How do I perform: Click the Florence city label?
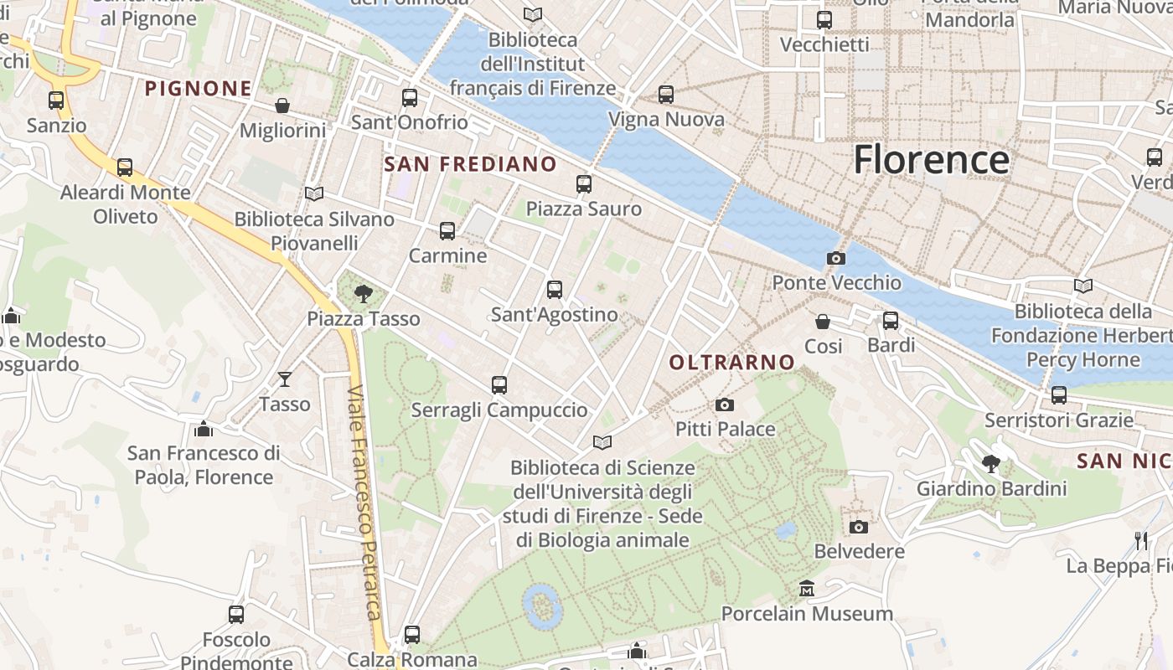click(x=931, y=159)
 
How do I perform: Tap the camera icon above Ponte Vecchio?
click(x=835, y=258)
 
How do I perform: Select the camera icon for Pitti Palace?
click(x=725, y=405)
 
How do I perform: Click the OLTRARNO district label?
click(x=731, y=362)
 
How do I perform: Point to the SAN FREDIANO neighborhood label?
click(x=470, y=164)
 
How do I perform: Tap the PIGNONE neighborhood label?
click(x=199, y=88)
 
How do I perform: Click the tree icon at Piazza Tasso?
click(x=364, y=293)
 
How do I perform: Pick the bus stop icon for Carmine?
click(x=447, y=230)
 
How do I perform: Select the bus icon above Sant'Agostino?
click(x=554, y=290)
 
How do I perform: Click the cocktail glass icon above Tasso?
click(x=285, y=379)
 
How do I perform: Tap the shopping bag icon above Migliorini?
click(x=282, y=106)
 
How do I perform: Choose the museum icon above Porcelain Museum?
click(x=807, y=589)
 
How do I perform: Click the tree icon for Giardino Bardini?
click(x=991, y=463)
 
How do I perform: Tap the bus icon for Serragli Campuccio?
click(x=499, y=385)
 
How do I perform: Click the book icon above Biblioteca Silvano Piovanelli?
click(x=314, y=194)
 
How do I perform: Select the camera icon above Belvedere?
click(x=859, y=527)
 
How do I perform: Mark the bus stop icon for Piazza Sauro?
click(x=584, y=183)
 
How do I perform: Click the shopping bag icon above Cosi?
click(x=823, y=322)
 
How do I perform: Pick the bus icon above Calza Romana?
click(x=411, y=634)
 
